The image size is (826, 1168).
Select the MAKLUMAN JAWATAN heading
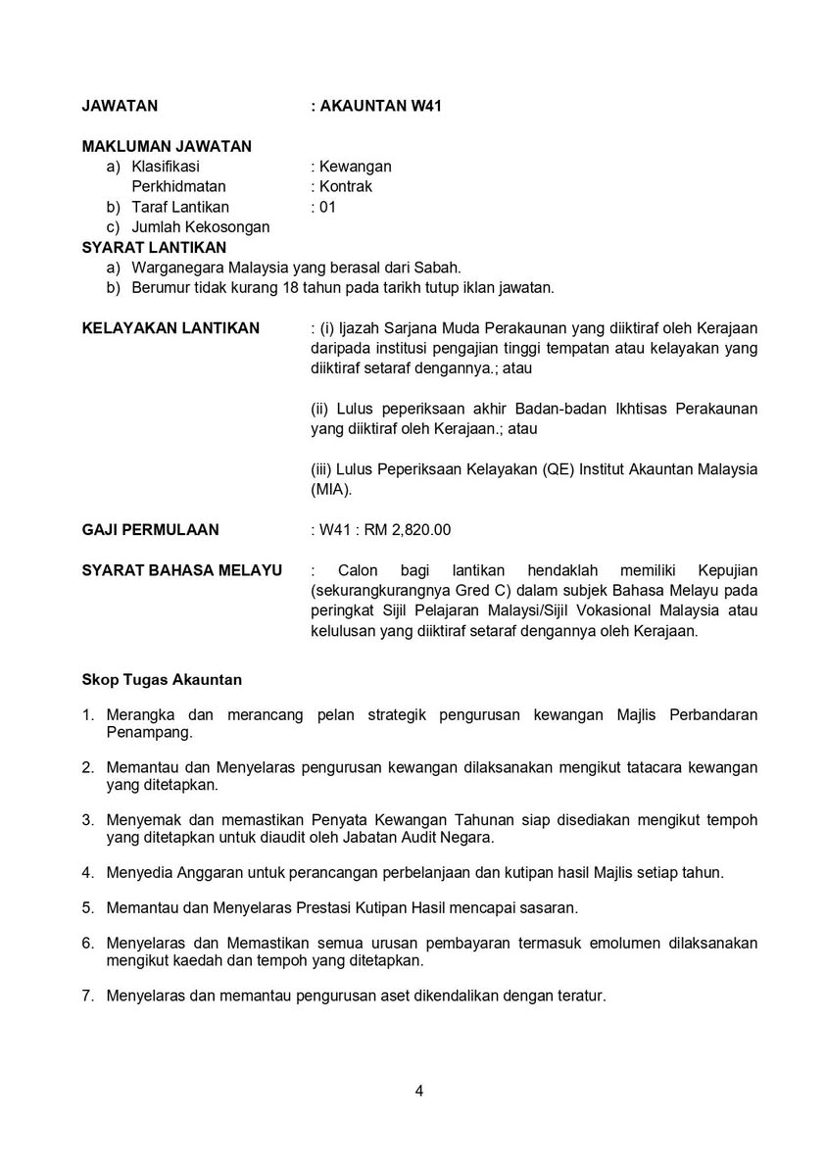tap(167, 146)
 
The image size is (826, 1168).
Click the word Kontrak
tap(346, 186)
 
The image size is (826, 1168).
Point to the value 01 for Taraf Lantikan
tap(327, 207)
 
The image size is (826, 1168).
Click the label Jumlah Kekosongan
tap(201, 226)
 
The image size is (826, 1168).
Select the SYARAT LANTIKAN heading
tap(154, 247)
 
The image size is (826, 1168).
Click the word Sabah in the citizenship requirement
tap(438, 268)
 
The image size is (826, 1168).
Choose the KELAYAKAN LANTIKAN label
tap(170, 327)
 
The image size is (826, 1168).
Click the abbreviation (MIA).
tap(330, 489)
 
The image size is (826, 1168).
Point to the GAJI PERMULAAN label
tap(150, 529)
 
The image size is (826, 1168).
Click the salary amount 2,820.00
tap(421, 529)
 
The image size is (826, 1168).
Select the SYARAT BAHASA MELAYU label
tap(182, 570)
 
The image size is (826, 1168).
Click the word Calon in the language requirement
tap(357, 570)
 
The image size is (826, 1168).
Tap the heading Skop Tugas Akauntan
tap(162, 678)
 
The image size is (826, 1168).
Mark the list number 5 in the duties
tap(87, 906)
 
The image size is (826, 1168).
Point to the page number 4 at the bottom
tap(418, 1090)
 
